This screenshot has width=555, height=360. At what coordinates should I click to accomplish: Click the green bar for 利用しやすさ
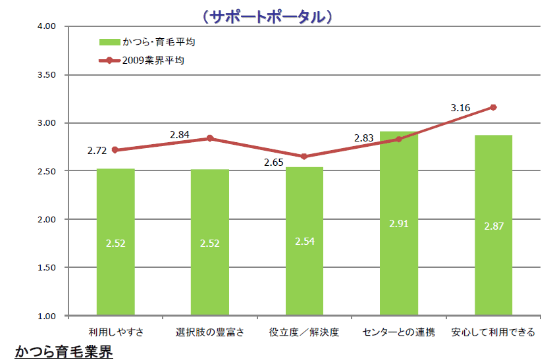[116, 242]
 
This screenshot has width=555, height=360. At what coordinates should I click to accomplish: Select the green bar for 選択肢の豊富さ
[210, 242]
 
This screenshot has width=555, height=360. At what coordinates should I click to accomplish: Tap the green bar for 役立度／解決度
[304, 242]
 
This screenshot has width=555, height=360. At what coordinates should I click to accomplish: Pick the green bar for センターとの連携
[399, 224]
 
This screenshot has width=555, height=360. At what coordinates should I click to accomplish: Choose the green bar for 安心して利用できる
[493, 225]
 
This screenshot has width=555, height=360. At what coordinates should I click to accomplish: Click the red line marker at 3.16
[493, 107]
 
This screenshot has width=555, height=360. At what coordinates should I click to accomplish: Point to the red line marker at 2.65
[304, 157]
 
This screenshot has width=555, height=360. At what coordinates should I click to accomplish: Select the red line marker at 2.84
[210, 138]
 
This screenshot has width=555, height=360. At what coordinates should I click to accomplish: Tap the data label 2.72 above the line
[97, 151]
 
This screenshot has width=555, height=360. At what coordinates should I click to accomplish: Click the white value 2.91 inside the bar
[399, 224]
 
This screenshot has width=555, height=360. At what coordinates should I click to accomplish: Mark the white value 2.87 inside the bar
[494, 226]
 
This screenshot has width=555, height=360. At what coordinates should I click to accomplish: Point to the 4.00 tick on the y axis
[49, 26]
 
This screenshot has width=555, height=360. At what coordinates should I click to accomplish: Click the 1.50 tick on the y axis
[49, 267]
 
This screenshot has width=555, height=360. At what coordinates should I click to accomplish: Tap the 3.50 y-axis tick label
[49, 74]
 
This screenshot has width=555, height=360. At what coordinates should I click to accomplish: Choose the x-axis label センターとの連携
[398, 331]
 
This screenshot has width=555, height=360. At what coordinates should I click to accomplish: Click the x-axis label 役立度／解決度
[304, 331]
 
